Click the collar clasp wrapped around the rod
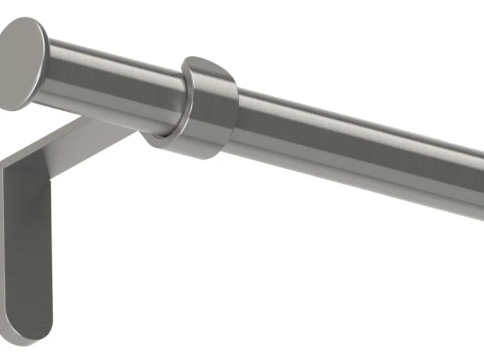point(200,109)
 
